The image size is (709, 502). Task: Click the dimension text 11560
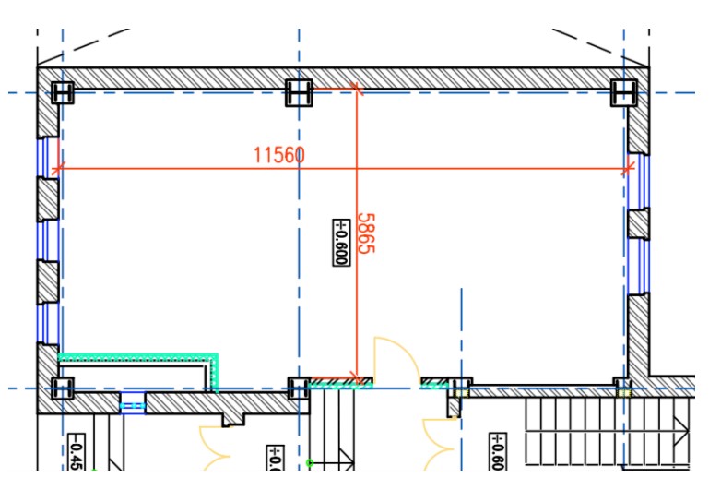279,155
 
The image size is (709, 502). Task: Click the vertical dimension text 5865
366,234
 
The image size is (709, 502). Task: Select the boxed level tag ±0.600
339,242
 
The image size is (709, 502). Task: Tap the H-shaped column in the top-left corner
62,92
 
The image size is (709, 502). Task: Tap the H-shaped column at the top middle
299,92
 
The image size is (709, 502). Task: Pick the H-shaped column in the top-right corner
625,92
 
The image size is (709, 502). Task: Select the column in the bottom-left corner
62,388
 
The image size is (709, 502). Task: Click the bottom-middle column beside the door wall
298,388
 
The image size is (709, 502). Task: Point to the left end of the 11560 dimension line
59,169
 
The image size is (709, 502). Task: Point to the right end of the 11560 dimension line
629,169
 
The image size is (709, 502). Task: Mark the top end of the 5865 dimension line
357,90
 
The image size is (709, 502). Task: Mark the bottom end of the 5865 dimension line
357,377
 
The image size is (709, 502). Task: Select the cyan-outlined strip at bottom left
138,355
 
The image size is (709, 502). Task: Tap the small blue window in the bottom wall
134,403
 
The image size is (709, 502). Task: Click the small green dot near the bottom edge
311,461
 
